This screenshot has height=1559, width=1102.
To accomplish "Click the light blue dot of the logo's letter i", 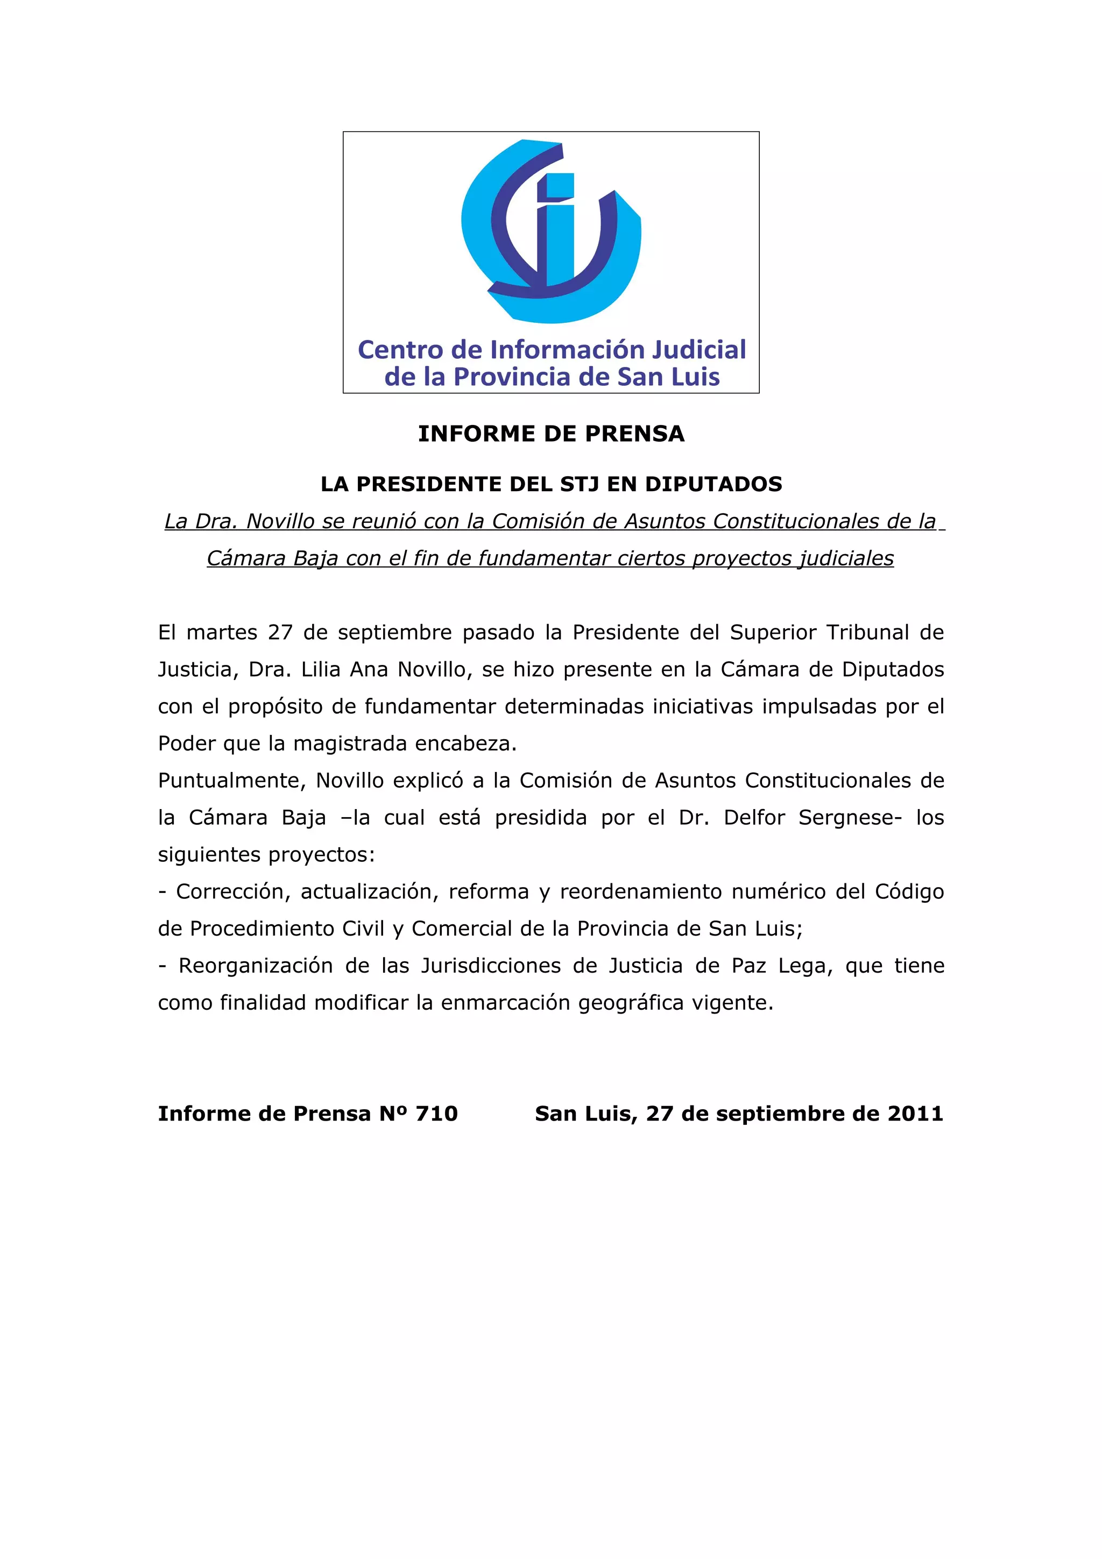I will tap(555, 186).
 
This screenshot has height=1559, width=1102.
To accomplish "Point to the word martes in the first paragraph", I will tap(222, 632).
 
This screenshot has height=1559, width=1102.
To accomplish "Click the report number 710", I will tap(436, 1114).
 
